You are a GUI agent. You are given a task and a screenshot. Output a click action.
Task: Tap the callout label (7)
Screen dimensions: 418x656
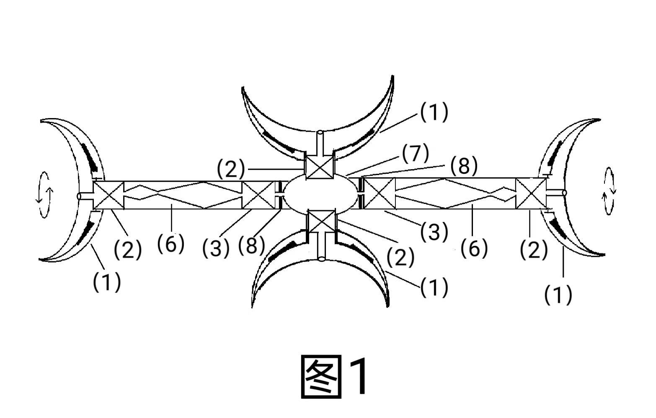[x=416, y=154]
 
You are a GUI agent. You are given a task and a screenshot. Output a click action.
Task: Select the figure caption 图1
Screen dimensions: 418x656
[x=335, y=376]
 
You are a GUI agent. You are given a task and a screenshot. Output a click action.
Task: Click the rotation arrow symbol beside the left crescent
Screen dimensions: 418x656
[x=44, y=195]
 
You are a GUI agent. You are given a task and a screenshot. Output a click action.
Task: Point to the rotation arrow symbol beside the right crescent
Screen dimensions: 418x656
[x=608, y=191]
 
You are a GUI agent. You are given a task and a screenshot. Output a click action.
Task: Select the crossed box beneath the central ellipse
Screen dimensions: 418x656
[x=321, y=222]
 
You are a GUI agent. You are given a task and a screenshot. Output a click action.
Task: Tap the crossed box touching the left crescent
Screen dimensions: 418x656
[x=108, y=195]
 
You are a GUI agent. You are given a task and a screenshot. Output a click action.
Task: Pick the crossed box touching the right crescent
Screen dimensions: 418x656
[x=531, y=193]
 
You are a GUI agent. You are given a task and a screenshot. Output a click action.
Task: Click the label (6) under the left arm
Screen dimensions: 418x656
[x=171, y=244]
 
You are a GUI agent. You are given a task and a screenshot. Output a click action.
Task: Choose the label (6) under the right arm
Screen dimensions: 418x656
[x=474, y=248]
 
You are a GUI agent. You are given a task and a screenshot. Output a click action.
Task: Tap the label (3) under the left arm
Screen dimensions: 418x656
[x=216, y=248]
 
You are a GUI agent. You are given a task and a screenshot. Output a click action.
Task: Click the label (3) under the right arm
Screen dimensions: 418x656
[x=434, y=231]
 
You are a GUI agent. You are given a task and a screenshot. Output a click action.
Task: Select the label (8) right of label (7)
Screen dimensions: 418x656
[x=464, y=166]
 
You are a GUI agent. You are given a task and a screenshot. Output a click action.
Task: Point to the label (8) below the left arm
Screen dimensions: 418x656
[x=252, y=245]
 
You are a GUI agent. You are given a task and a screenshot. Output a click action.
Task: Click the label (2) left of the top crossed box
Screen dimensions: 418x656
[x=230, y=169]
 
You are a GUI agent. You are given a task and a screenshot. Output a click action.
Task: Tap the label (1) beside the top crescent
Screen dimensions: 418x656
[x=434, y=112]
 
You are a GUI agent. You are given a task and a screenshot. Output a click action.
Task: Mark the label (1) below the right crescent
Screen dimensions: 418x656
[x=558, y=295]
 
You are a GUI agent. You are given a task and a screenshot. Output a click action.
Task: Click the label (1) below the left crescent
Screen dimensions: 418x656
[x=107, y=282]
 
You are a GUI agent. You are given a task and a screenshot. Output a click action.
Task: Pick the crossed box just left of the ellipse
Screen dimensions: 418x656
[x=258, y=195]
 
